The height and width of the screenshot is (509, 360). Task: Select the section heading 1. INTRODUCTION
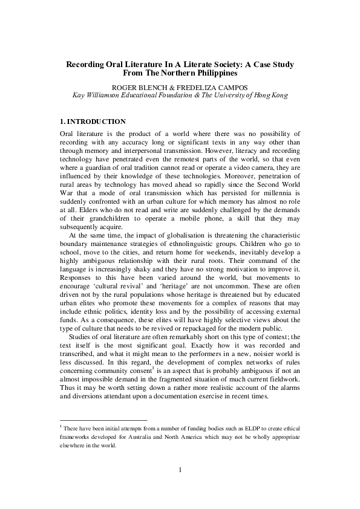[x=93, y=122]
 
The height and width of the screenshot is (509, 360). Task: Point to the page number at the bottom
[x=180, y=469]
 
